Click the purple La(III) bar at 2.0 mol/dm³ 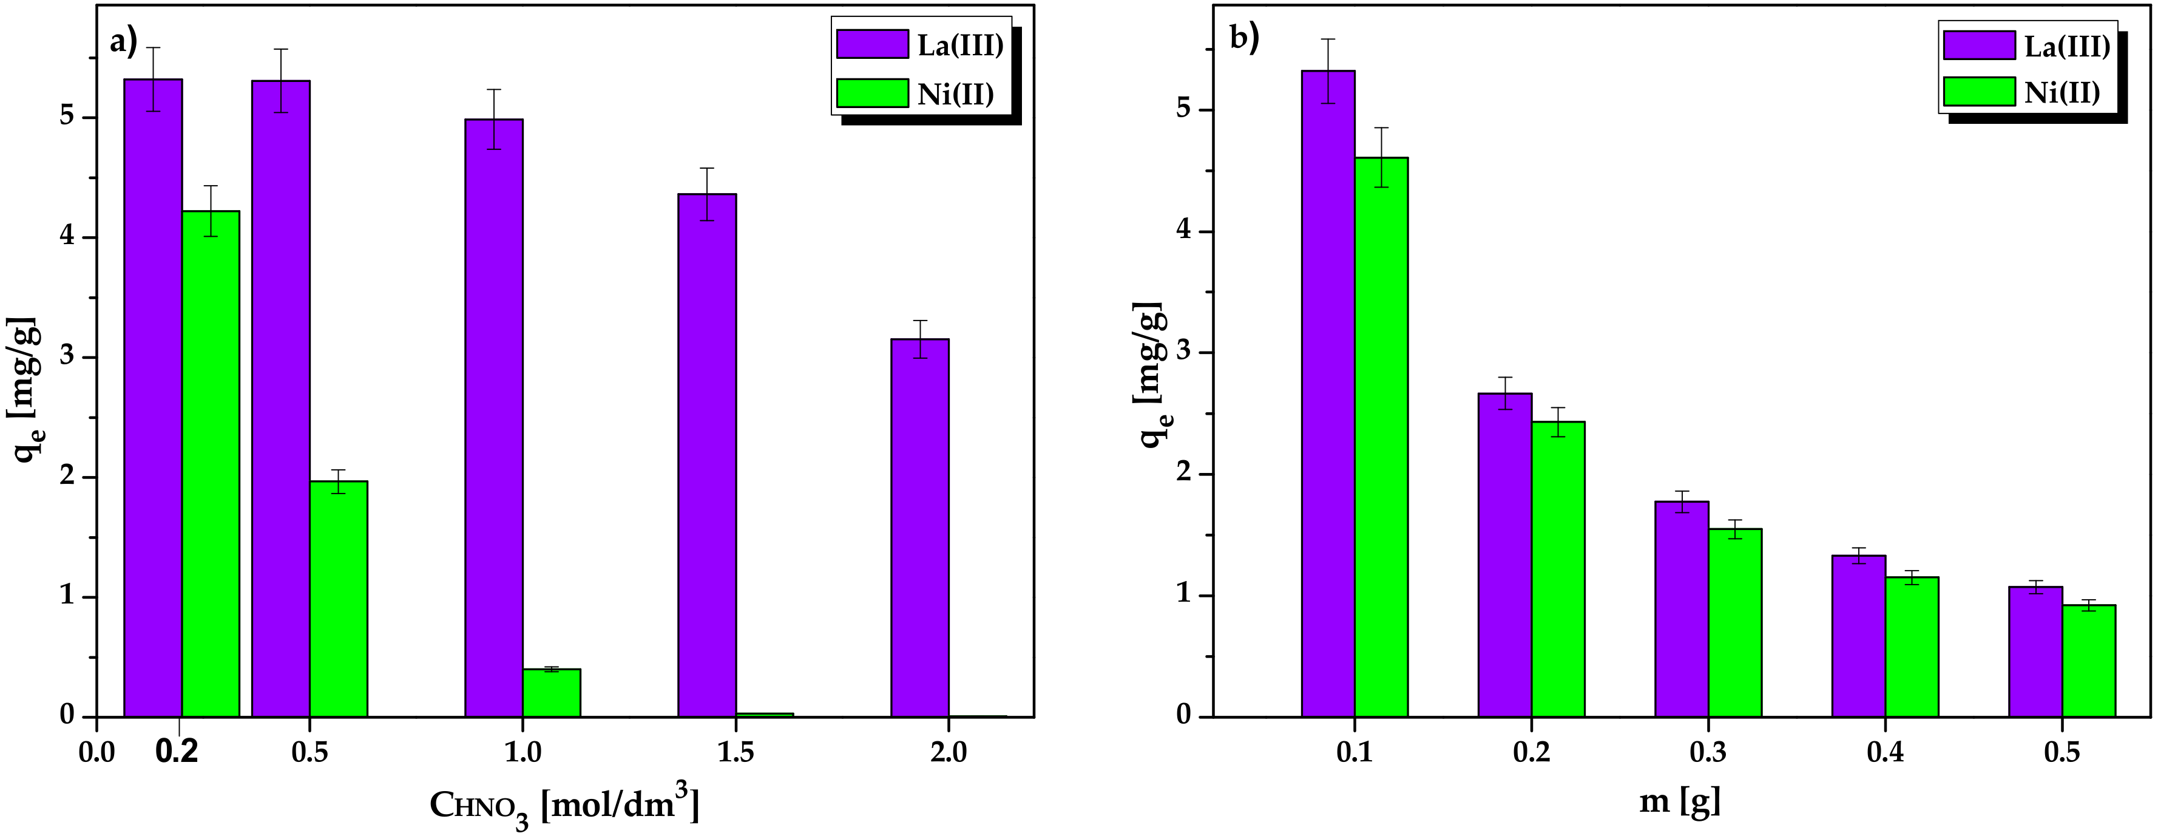(x=920, y=528)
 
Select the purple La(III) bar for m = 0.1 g (x=1328, y=393)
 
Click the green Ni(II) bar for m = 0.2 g (x=1558, y=569)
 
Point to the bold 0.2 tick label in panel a (x=178, y=752)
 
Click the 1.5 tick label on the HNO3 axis (x=736, y=752)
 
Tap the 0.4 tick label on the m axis (x=1885, y=752)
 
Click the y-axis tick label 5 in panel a (x=66, y=117)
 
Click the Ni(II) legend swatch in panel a (x=872, y=93)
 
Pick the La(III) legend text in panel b (x=2067, y=46)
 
